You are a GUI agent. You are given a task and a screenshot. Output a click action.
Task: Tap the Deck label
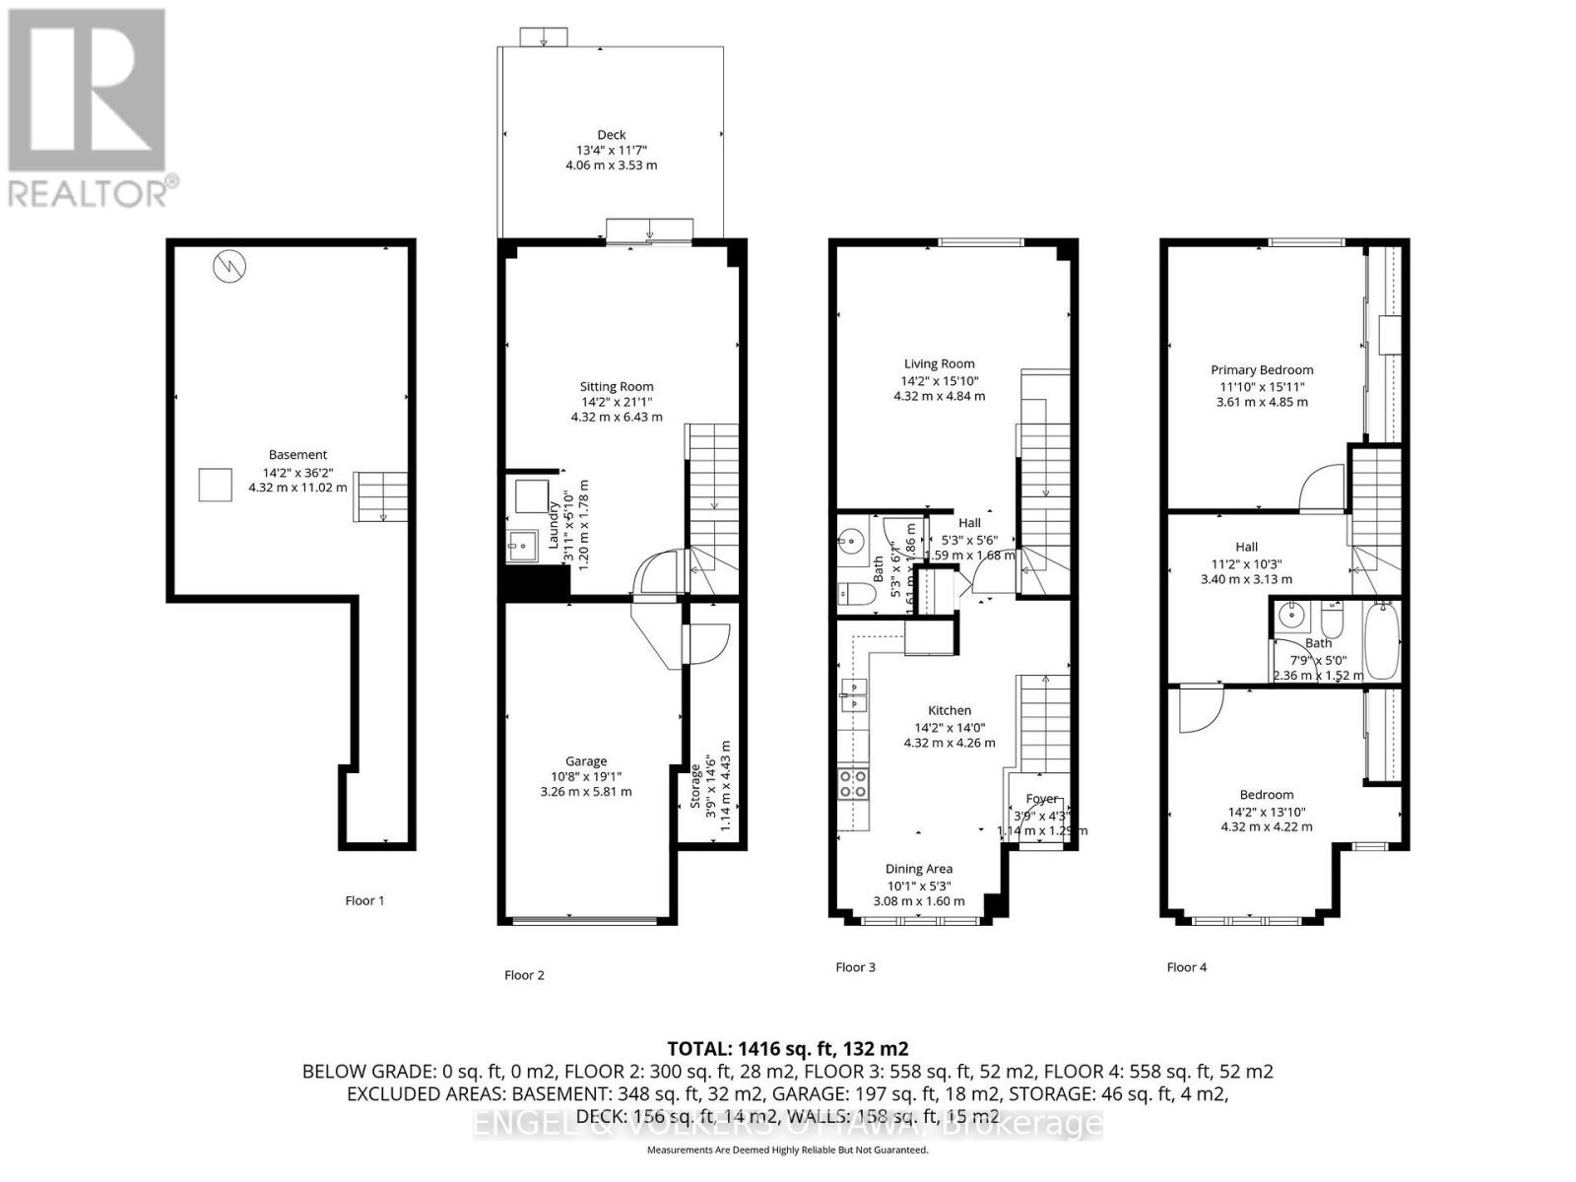[x=611, y=135]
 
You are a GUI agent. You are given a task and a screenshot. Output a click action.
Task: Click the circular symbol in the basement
[x=229, y=265]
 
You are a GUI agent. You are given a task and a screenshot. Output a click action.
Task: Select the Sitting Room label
[x=616, y=386]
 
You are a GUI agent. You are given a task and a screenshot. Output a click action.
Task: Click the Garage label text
[x=585, y=761]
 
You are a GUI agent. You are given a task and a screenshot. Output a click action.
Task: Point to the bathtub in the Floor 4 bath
[x=1380, y=641]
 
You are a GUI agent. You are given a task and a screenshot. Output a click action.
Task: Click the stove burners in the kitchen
[x=853, y=784]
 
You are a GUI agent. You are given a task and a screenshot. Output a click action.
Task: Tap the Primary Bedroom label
[x=1262, y=370]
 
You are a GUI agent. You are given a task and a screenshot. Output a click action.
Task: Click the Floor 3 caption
[x=855, y=967]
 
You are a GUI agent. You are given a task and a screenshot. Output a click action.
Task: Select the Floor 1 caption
[x=364, y=900]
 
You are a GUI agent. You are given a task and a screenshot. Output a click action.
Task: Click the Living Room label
[x=939, y=363]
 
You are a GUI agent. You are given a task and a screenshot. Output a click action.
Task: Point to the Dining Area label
[x=918, y=869]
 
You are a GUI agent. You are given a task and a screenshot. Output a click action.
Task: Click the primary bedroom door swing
[x=1322, y=487]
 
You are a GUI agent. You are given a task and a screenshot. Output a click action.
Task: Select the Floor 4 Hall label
[x=1246, y=547]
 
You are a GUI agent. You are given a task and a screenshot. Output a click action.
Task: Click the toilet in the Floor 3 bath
[x=850, y=594]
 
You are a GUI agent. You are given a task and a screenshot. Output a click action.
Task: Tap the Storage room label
[x=696, y=785]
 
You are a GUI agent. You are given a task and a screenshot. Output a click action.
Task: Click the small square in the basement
[x=216, y=485]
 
